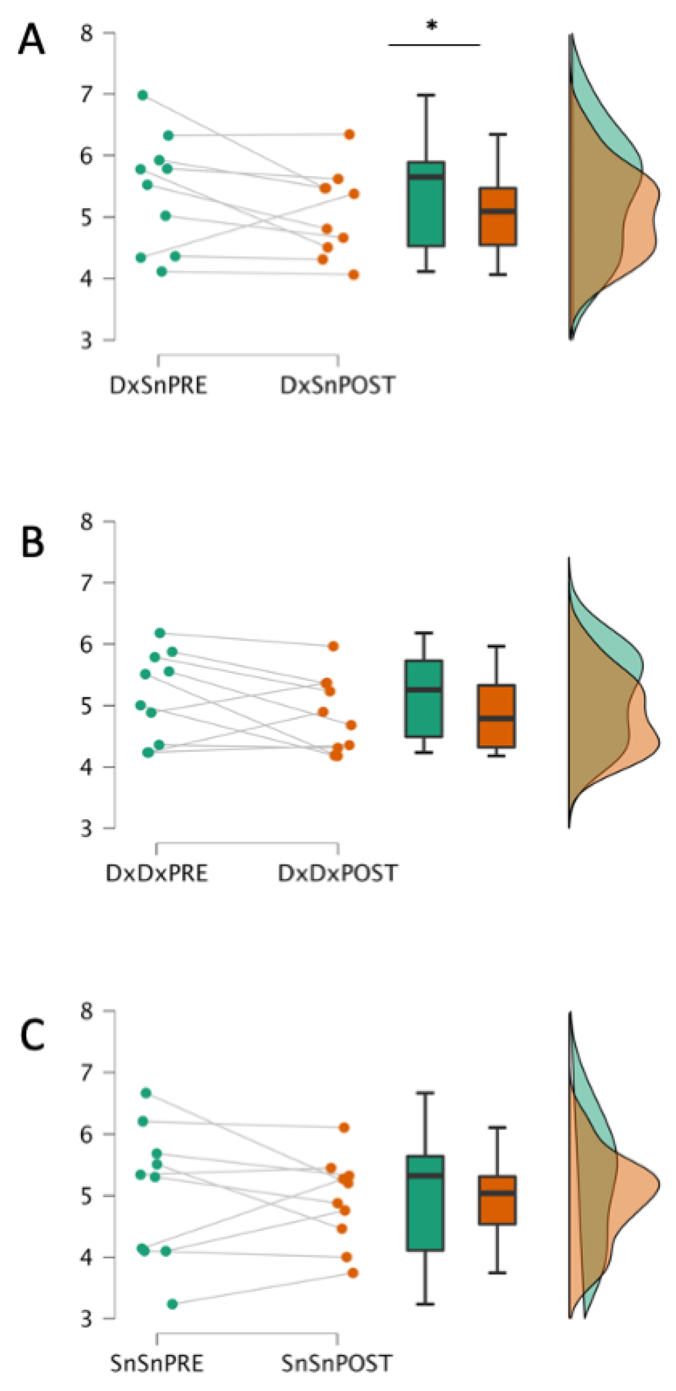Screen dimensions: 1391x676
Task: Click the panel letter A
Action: (31, 40)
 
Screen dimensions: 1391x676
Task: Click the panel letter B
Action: (32, 542)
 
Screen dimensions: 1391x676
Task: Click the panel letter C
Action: (32, 1036)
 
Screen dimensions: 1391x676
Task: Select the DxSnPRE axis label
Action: (158, 386)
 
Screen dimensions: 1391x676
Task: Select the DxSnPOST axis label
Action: (338, 386)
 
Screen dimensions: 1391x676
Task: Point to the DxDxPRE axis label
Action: (157, 873)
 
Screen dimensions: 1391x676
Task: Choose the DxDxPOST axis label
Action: (338, 873)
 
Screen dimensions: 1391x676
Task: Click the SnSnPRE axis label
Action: (157, 1363)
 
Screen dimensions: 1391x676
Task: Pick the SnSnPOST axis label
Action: (337, 1363)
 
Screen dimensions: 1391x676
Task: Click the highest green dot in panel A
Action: (143, 95)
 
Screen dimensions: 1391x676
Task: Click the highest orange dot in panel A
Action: (349, 134)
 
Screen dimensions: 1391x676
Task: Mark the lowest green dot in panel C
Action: (172, 1304)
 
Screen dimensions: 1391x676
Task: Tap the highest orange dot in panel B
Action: (334, 646)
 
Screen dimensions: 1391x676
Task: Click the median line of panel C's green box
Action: (425, 1176)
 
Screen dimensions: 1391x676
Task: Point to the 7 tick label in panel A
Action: (86, 95)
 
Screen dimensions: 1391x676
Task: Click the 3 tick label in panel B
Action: (86, 828)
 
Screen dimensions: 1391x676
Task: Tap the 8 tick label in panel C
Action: (86, 1010)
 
